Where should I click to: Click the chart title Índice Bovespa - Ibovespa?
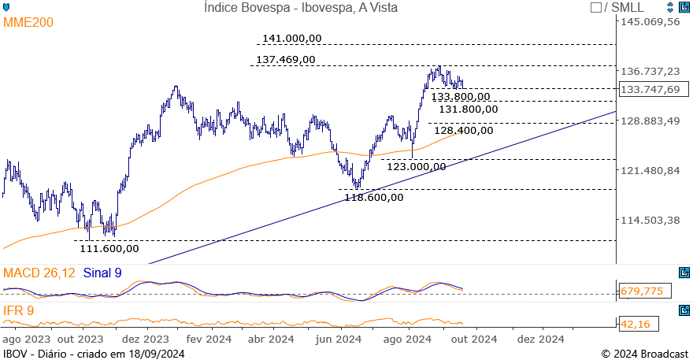pyautogui.click(x=300, y=8)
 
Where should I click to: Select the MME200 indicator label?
pyautogui.click(x=29, y=23)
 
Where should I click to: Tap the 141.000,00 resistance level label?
pyautogui.click(x=292, y=39)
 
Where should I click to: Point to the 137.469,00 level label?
pyautogui.click(x=286, y=59)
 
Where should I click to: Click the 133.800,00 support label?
pyautogui.click(x=461, y=97)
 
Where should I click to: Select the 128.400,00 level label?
pyautogui.click(x=464, y=131)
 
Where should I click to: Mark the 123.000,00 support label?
pyautogui.click(x=417, y=166)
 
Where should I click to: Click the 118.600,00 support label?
pyautogui.click(x=374, y=197)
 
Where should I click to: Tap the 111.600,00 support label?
pyautogui.click(x=109, y=248)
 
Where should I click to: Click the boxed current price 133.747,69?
pyautogui.click(x=650, y=89)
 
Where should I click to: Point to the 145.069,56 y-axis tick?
pyautogui.click(x=650, y=21)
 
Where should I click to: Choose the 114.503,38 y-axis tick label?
pyautogui.click(x=650, y=220)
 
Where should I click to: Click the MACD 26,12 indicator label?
pyautogui.click(x=39, y=273)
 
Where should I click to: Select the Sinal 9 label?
pyautogui.click(x=102, y=273)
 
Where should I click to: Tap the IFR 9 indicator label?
pyautogui.click(x=18, y=310)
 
